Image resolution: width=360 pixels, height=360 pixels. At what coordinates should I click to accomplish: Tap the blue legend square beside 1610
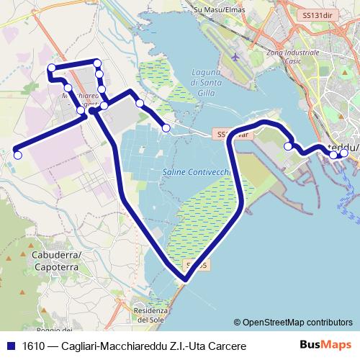(x=10, y=346)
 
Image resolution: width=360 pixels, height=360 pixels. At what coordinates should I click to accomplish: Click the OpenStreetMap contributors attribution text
(x=293, y=323)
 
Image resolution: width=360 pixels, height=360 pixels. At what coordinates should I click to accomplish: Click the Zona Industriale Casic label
(x=292, y=58)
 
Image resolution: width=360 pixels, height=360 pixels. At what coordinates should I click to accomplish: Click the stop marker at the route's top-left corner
(x=51, y=68)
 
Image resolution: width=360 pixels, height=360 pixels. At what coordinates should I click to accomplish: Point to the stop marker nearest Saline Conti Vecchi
(x=166, y=128)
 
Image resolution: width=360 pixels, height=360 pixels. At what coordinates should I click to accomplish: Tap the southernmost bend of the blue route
(x=183, y=278)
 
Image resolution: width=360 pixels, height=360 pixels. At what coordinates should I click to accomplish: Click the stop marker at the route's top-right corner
(x=98, y=63)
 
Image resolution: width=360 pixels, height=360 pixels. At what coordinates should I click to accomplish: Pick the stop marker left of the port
(x=289, y=146)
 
